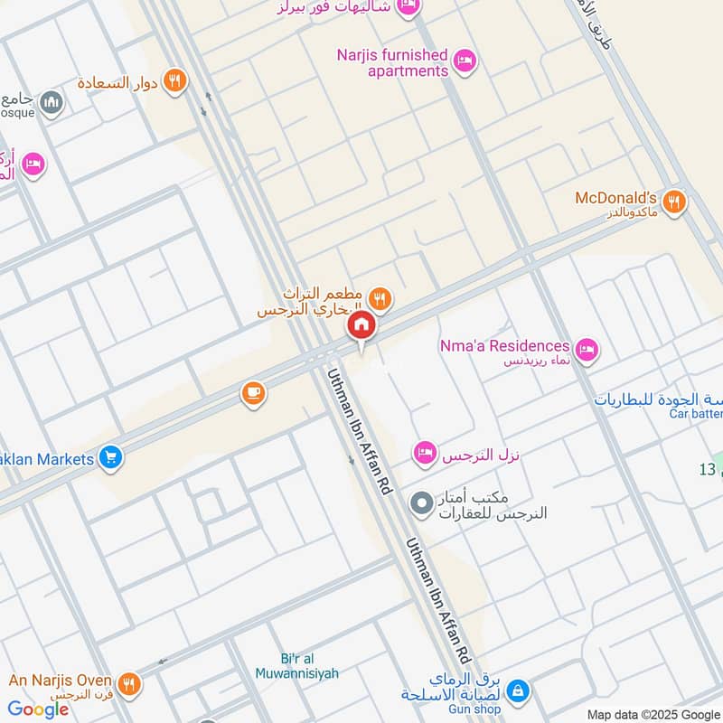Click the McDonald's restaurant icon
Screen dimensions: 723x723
(672, 202)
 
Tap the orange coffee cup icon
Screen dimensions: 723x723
(253, 393)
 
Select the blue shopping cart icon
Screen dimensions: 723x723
(111, 458)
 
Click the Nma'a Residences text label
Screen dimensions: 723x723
(504, 346)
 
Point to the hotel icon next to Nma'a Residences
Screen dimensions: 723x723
(587, 348)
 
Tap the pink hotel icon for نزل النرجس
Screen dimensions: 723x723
(425, 452)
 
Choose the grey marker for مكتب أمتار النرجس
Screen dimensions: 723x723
(421, 503)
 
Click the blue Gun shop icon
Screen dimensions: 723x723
(517, 691)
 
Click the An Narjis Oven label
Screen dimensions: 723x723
(60, 681)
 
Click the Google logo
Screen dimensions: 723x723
(39, 709)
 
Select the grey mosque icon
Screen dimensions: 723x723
(52, 101)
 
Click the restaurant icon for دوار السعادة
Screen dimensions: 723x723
(174, 80)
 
